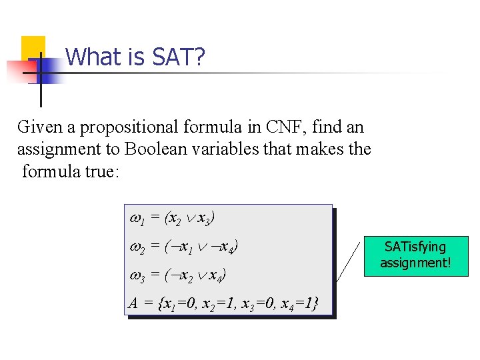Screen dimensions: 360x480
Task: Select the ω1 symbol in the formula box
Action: [134, 218]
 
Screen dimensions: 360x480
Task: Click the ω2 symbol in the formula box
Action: [135, 246]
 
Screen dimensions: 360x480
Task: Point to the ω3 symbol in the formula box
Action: [135, 274]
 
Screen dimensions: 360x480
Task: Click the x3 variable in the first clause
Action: [203, 219]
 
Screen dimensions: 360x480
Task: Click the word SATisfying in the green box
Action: [415, 247]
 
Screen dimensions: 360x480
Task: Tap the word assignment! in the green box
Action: [415, 263]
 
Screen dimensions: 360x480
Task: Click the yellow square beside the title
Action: [33, 48]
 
